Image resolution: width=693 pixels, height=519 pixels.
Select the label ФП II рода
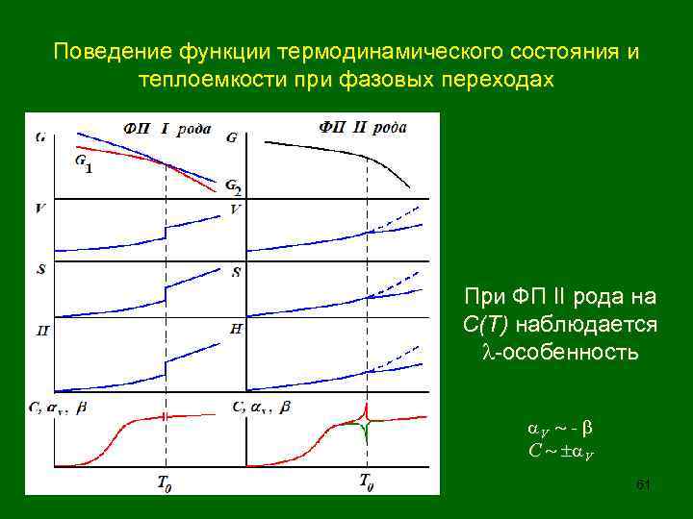[x=362, y=125]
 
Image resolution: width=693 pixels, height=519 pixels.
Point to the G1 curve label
[x=84, y=164]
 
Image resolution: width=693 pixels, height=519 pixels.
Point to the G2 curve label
[x=232, y=187]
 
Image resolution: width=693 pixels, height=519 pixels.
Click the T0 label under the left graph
[x=165, y=482]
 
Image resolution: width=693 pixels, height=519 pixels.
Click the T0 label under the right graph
[x=367, y=482]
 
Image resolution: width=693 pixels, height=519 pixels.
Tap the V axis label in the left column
[x=40, y=207]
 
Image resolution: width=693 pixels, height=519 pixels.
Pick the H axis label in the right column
[x=236, y=330]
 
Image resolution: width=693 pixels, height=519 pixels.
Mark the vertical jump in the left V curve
[x=166, y=233]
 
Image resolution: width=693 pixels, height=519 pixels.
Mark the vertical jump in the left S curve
[x=166, y=290]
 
